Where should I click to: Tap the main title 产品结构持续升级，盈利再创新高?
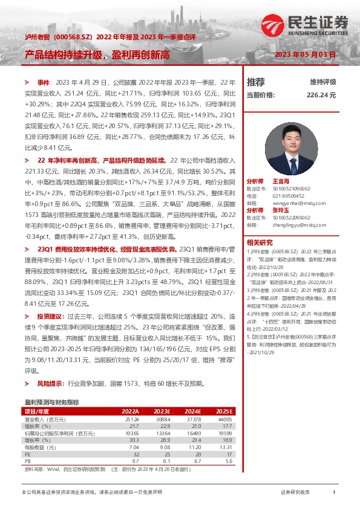click(97, 55)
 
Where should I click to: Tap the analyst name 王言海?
click(281, 181)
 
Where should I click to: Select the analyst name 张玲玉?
click(281, 210)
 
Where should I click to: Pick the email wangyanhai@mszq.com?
click(295, 203)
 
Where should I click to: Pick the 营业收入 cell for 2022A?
click(131, 419)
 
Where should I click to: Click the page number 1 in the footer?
click(334, 493)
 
